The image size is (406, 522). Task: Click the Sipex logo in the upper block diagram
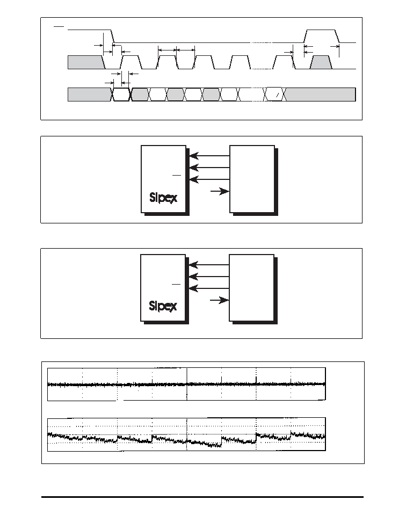163,198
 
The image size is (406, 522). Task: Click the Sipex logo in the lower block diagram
163,306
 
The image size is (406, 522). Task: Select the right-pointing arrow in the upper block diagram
220,191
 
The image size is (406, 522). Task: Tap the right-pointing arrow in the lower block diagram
220,300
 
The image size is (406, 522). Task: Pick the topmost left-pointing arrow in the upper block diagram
209,155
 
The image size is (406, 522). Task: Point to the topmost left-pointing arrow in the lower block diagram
209,265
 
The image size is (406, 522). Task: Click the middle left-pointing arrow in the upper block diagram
209,167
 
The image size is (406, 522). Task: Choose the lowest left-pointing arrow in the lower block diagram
209,288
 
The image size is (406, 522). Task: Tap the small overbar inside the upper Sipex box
177,175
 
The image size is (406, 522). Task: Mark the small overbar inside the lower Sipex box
176,284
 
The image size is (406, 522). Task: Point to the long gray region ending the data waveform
321,94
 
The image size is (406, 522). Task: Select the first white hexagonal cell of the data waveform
121,94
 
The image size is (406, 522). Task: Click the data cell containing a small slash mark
275,94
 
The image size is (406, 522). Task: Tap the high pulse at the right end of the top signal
322,36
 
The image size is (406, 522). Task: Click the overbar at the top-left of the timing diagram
59,26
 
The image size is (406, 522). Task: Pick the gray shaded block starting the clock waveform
86,62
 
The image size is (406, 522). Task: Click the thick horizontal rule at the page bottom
202,497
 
